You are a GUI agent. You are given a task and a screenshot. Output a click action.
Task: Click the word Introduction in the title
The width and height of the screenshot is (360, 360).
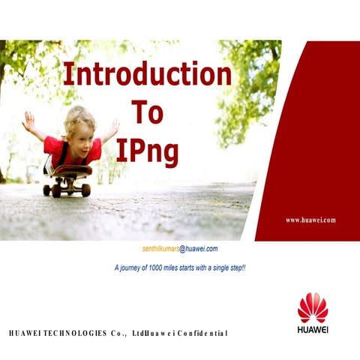tap(147, 74)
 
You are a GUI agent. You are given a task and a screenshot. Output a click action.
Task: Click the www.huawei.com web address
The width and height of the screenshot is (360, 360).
tap(310, 220)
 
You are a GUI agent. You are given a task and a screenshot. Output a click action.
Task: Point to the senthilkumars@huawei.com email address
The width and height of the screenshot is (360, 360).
tap(180, 248)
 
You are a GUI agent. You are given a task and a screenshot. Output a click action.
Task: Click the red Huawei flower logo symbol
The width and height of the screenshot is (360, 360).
tap(313, 307)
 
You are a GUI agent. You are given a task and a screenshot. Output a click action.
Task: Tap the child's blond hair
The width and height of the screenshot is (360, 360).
tap(79, 115)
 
